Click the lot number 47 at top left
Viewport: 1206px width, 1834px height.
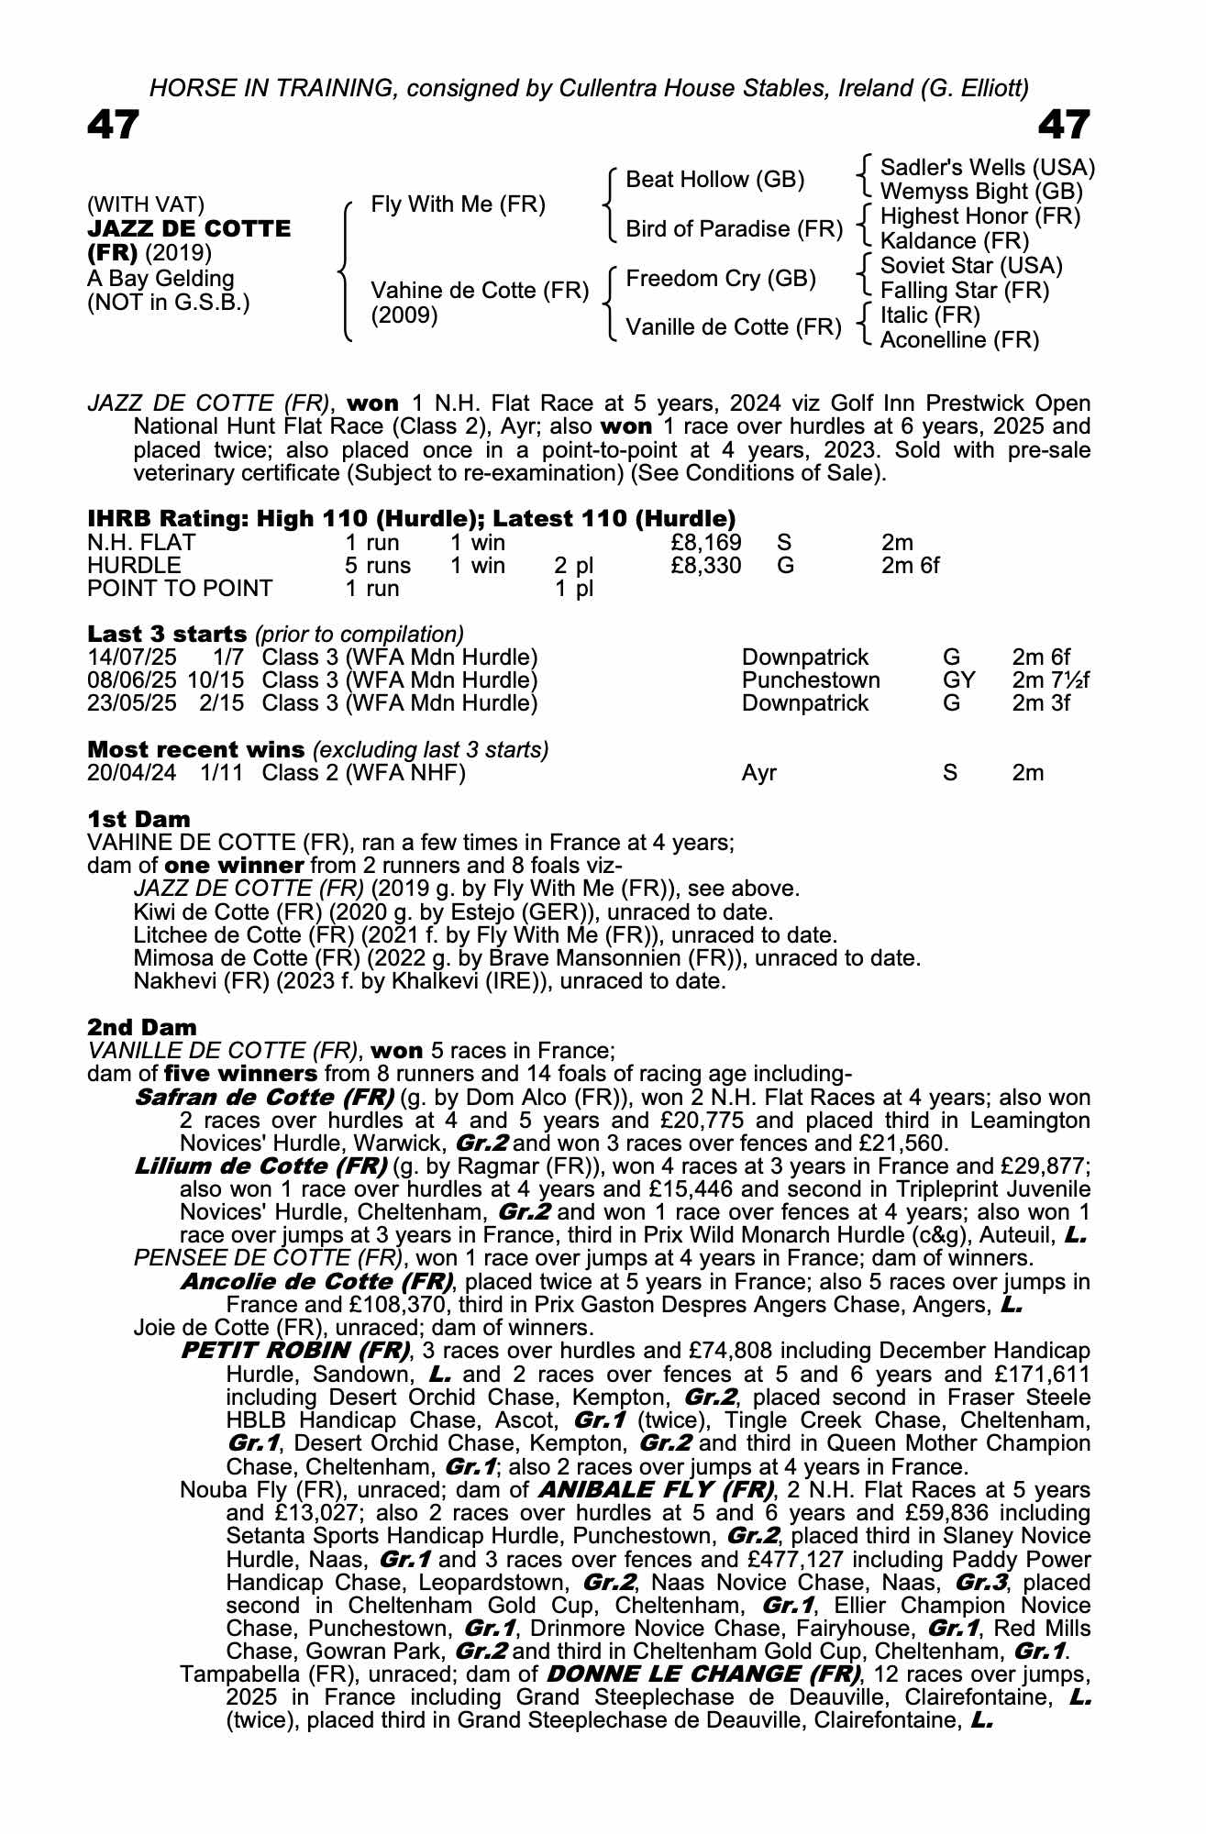coord(114,126)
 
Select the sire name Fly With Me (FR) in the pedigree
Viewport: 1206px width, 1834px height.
coord(458,204)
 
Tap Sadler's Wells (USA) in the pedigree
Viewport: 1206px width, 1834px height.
coord(987,168)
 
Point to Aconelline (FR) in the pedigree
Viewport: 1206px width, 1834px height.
coord(959,340)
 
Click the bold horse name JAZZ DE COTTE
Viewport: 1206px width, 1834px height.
coord(189,228)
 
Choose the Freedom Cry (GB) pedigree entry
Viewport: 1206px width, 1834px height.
coord(720,279)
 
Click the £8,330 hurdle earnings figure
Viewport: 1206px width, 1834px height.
coord(705,566)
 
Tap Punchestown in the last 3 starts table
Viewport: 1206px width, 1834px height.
coord(810,680)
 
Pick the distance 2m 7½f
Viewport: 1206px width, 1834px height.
coord(1050,680)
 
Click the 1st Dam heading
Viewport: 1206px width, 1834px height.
coord(138,819)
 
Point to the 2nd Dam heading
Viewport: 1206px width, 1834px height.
coord(141,1027)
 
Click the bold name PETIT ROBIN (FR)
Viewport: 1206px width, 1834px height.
coord(295,1351)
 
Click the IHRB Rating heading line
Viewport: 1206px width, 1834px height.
coord(411,519)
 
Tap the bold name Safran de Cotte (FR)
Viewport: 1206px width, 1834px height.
coord(264,1097)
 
